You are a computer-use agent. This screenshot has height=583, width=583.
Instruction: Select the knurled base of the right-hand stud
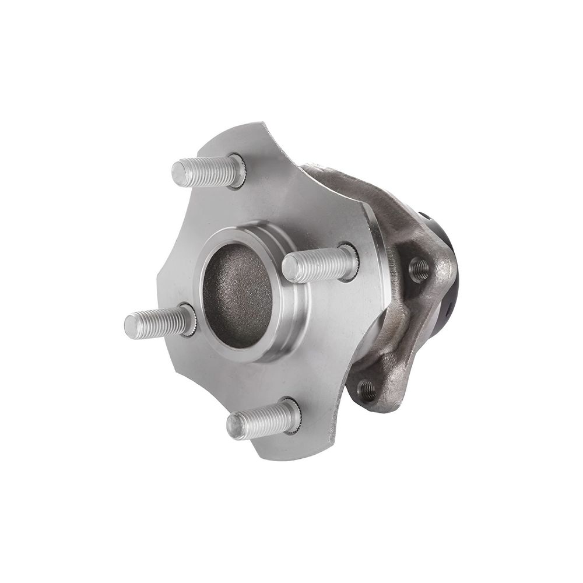coord(349,261)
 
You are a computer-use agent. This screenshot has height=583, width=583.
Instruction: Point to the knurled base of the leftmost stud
coord(188,319)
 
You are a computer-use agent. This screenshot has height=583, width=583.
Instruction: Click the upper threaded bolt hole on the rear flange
coord(419,269)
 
